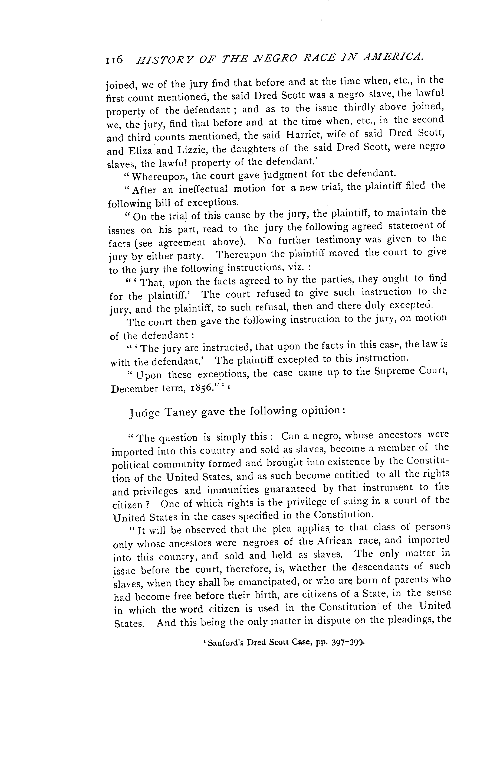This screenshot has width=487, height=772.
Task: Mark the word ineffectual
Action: point(203,189)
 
